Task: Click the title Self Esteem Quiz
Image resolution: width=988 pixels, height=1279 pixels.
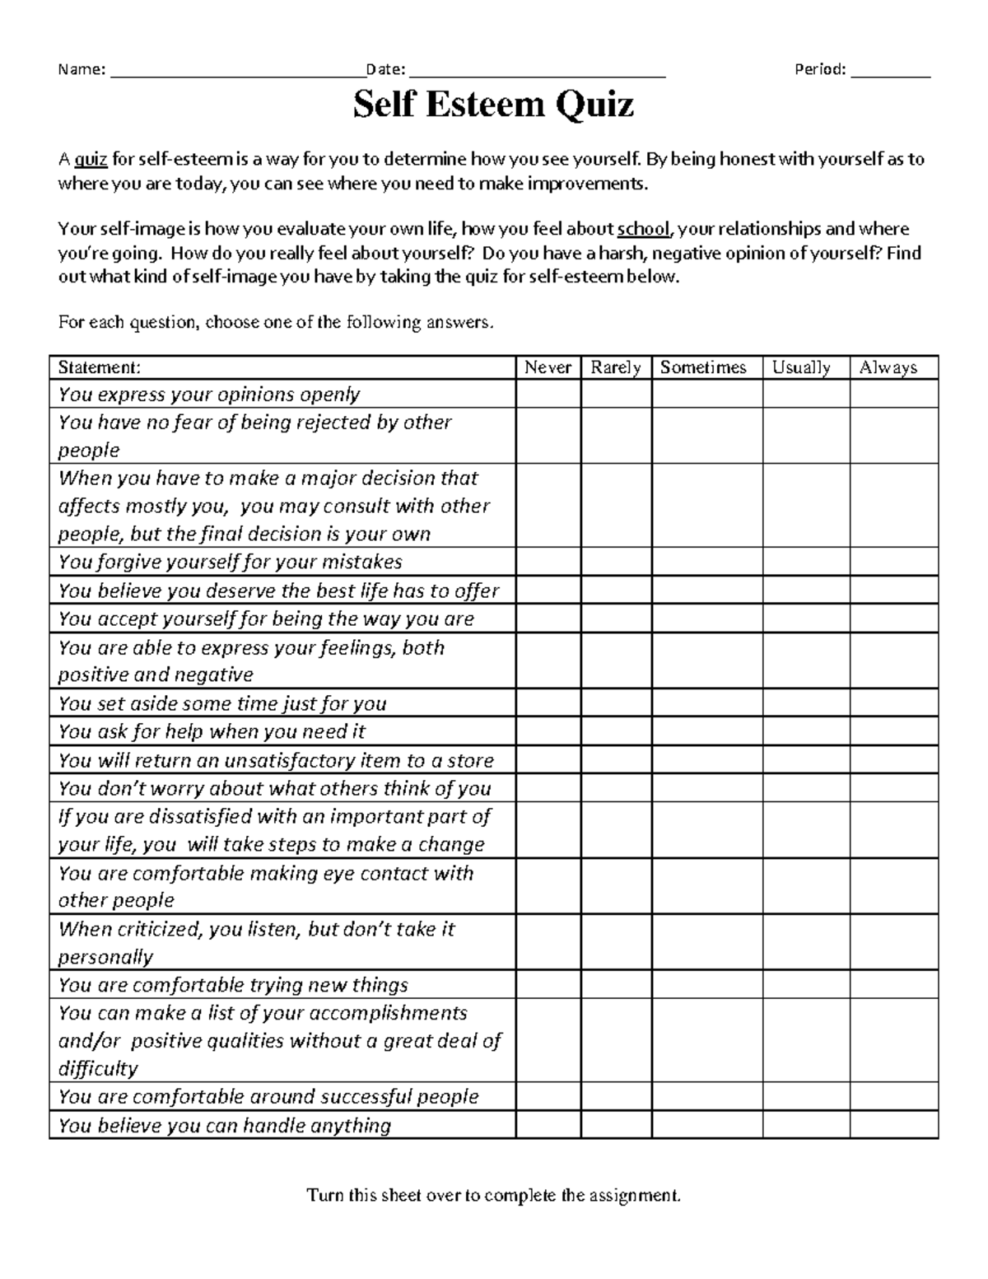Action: [x=493, y=105]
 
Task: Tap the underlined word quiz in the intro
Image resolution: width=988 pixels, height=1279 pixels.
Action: [x=91, y=159]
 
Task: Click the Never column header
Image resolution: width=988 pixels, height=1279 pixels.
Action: [x=548, y=367]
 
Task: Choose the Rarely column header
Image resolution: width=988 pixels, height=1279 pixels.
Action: [x=615, y=367]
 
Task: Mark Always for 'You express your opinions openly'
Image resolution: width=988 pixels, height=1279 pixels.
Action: [x=893, y=394]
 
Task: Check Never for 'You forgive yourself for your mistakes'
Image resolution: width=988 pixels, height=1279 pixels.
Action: [x=548, y=562]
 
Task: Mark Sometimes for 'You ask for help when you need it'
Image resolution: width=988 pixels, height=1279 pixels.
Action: [x=706, y=731]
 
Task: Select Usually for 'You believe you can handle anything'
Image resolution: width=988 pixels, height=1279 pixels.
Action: [x=805, y=1125]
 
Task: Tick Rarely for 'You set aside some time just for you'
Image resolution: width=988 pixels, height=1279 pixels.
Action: [x=616, y=703]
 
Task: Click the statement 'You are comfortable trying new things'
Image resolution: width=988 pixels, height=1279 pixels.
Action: [x=233, y=985]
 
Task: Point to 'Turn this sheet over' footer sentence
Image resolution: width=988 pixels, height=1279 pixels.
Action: [x=494, y=1195]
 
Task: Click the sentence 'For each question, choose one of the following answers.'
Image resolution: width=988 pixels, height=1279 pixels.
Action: [x=276, y=322]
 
